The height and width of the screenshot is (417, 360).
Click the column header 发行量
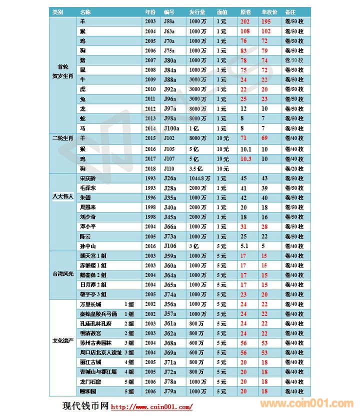(x=197, y=11)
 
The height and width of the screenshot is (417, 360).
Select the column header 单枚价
(x=269, y=11)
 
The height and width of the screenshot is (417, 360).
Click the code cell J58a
(x=169, y=22)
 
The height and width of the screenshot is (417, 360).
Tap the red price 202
(x=245, y=22)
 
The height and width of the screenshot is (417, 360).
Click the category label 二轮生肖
(x=63, y=137)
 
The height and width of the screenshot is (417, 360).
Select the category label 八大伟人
(x=63, y=197)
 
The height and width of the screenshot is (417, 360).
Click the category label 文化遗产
(x=63, y=341)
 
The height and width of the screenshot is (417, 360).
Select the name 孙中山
(x=88, y=246)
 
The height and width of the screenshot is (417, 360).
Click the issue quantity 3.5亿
(x=196, y=168)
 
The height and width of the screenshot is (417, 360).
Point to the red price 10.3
(x=245, y=159)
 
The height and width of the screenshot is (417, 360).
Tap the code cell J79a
(x=169, y=391)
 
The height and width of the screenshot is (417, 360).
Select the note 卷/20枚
(x=293, y=168)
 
